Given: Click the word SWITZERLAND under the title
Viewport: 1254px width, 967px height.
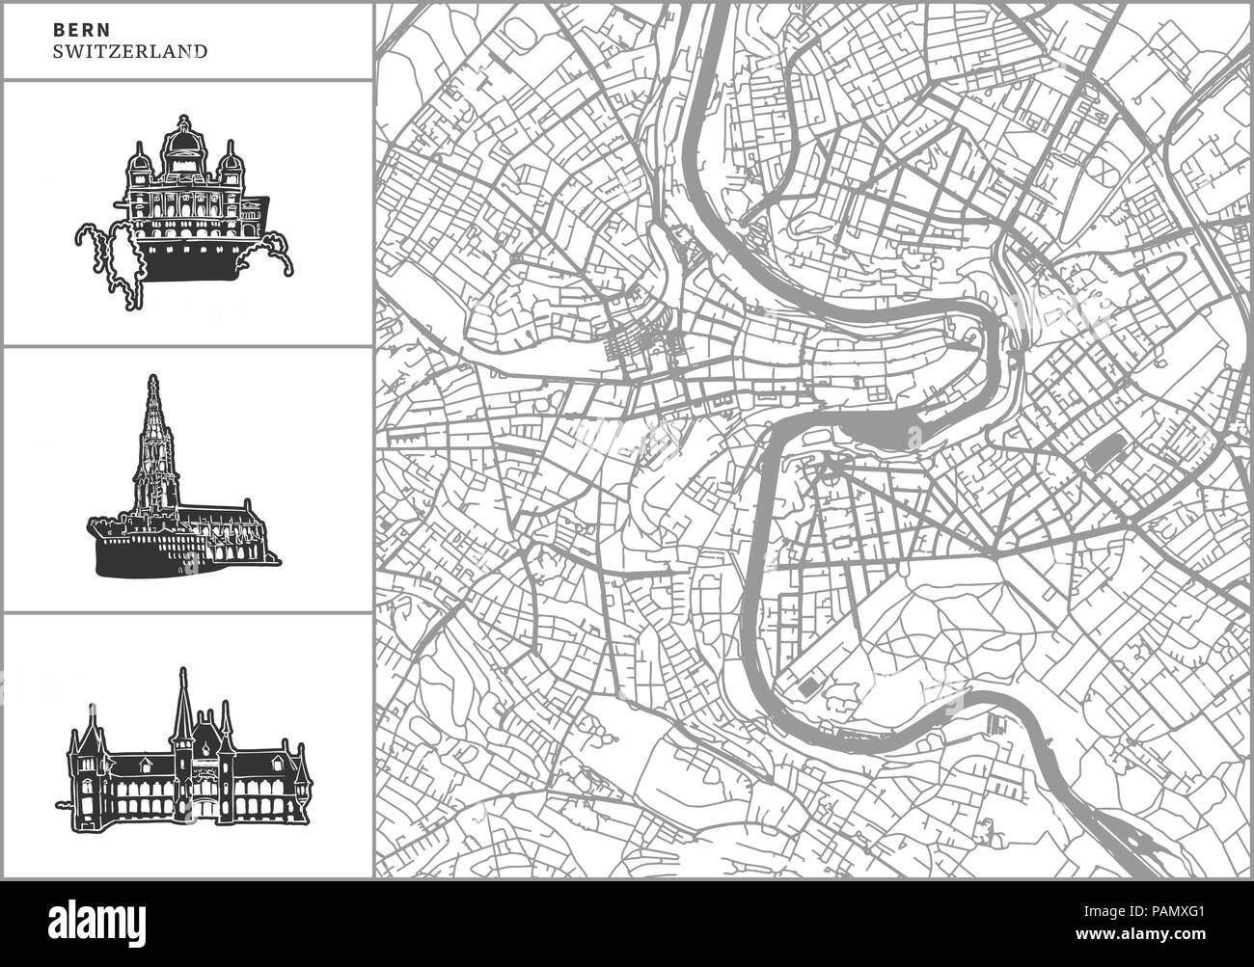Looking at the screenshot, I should point(131,51).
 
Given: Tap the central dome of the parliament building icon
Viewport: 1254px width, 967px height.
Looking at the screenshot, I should point(183,143).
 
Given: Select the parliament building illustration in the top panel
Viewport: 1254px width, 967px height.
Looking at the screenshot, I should point(184,213).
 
